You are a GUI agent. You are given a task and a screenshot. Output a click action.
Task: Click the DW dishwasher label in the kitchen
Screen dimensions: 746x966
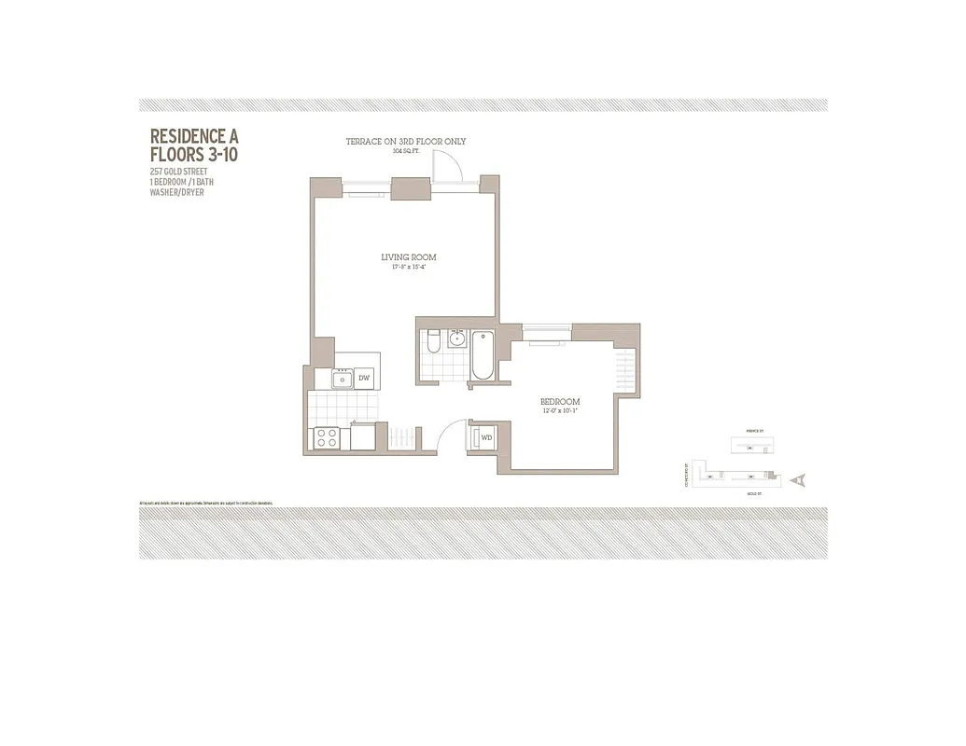coord(365,378)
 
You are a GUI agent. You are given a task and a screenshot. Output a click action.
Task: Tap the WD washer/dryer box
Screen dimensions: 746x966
coord(486,436)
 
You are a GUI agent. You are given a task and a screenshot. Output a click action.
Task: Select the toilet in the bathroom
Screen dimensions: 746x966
coord(431,342)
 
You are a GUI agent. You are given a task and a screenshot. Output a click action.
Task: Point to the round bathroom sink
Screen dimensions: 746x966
coord(456,338)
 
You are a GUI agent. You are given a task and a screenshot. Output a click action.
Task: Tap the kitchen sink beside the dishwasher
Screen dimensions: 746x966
coord(342,378)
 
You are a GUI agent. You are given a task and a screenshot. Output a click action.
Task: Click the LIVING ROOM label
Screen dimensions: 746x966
coord(408,257)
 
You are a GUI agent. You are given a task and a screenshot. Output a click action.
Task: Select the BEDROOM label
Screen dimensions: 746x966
coord(560,402)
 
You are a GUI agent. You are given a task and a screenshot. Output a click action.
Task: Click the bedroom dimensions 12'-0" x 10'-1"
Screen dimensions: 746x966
coord(560,411)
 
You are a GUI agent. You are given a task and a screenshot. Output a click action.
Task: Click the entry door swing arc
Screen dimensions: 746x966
coord(453,434)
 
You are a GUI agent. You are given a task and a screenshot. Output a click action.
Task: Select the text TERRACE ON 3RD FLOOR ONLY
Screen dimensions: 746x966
coord(405,142)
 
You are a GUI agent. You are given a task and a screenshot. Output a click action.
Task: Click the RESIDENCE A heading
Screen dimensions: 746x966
coord(194,135)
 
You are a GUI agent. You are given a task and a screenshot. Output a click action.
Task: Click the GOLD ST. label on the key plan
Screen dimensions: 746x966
coord(752,494)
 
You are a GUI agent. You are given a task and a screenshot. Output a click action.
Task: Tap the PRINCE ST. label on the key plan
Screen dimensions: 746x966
coord(756,432)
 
